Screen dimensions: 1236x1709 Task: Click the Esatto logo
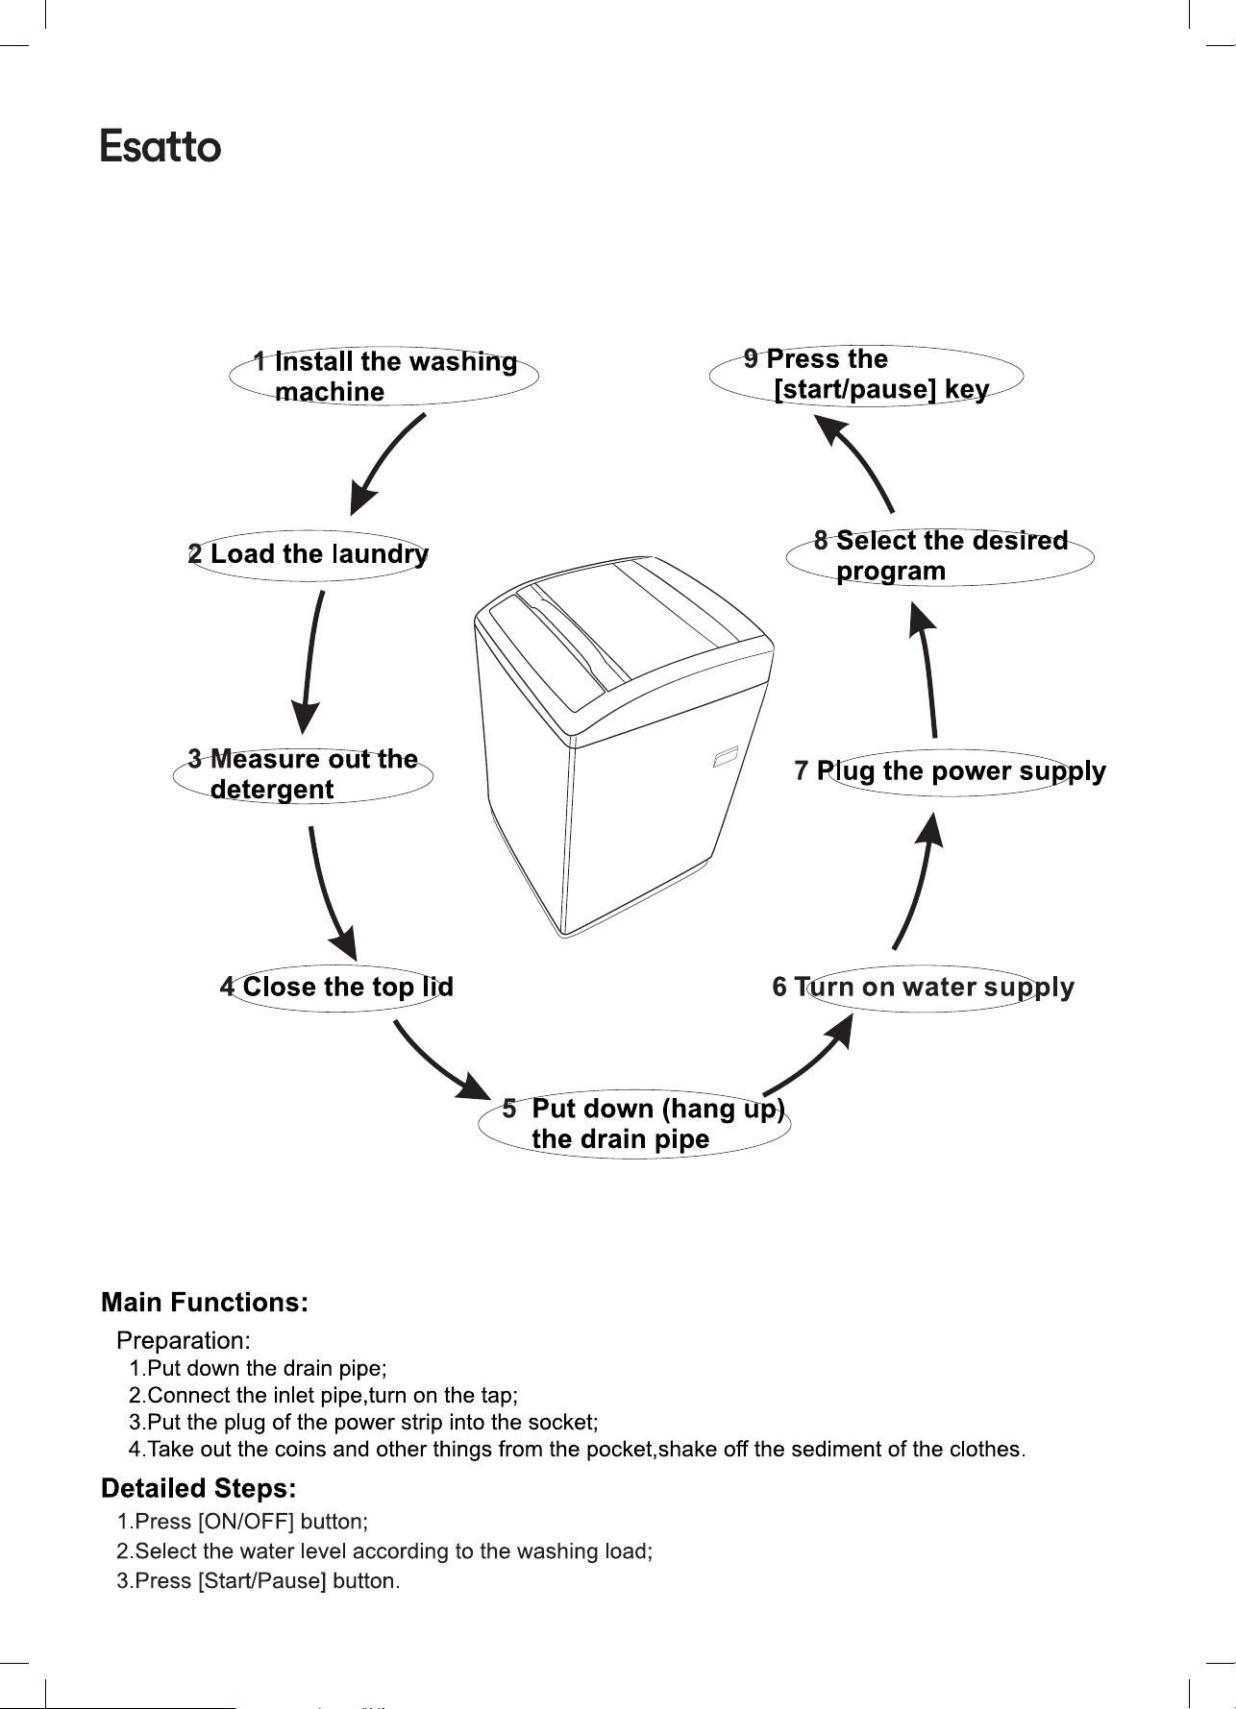click(161, 146)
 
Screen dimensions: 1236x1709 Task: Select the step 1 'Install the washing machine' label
click(384, 376)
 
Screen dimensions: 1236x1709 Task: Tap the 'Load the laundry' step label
click(309, 554)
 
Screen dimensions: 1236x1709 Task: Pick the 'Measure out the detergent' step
click(303, 774)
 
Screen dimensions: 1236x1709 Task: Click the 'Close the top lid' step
click(336, 987)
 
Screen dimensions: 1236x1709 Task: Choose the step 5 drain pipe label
click(634, 1123)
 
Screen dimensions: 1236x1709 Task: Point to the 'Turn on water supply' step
click(924, 988)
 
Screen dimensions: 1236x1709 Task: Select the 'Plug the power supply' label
click(951, 771)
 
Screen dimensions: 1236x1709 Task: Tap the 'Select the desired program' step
click(941, 556)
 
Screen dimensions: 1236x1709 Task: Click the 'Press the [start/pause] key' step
click(866, 375)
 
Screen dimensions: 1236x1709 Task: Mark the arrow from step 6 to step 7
click(919, 880)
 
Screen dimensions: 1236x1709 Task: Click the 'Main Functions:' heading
click(205, 1303)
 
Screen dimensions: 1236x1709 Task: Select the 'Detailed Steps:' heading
click(199, 1489)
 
